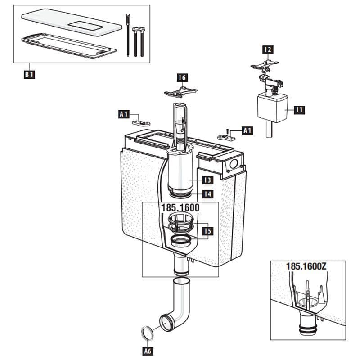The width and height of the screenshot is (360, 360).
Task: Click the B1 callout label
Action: tap(29, 75)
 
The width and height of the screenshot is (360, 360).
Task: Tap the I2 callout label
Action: tap(268, 49)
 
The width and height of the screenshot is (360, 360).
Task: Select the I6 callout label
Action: tap(182, 77)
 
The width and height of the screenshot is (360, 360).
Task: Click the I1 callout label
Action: tap(300, 110)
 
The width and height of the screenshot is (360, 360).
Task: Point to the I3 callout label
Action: tap(208, 180)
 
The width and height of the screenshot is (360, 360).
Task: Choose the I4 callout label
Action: tap(208, 194)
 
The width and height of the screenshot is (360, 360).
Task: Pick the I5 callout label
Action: tap(208, 231)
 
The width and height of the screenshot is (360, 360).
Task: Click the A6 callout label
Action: tap(148, 351)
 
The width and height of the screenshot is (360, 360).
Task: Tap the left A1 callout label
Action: tap(124, 114)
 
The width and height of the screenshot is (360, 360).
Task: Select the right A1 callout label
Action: tap(247, 130)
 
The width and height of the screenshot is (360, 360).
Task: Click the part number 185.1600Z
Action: tap(306, 266)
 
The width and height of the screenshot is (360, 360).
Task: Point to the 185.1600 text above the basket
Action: tap(180, 208)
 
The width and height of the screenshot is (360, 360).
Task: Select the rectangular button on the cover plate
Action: tap(86, 27)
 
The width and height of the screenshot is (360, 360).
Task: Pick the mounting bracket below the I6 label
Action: tap(181, 91)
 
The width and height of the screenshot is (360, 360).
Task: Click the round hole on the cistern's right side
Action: tap(234, 164)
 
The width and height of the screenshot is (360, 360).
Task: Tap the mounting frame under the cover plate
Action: tap(69, 46)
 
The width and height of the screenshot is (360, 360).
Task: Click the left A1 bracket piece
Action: tap(141, 123)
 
